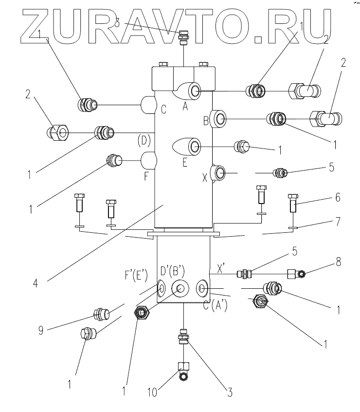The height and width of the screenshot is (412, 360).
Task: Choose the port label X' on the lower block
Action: [x=221, y=267]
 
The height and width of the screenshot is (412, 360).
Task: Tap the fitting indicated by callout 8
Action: [x=296, y=275]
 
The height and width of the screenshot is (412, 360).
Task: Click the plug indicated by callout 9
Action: [x=103, y=314]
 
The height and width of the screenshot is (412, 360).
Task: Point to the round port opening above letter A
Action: [x=195, y=90]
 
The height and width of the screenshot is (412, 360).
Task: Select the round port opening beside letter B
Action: [x=220, y=118]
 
